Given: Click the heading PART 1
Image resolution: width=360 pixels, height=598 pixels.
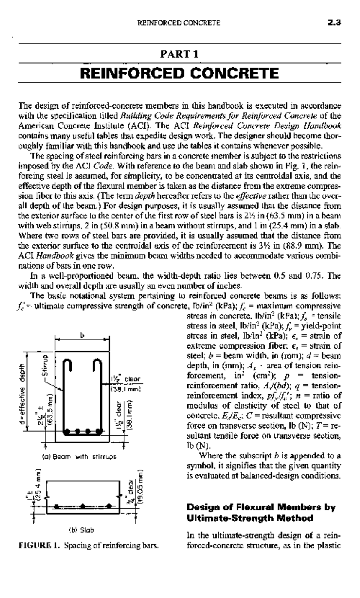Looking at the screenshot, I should (x=179, y=54).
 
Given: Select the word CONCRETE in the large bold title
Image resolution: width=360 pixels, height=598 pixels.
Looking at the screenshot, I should (x=235, y=73).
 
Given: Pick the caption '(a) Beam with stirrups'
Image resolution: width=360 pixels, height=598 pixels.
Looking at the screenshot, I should (x=79, y=457).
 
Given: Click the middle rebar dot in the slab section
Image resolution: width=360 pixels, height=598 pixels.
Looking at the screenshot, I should (x=83, y=506).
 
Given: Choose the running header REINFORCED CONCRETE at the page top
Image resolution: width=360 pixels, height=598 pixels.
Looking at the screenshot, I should (x=179, y=23).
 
